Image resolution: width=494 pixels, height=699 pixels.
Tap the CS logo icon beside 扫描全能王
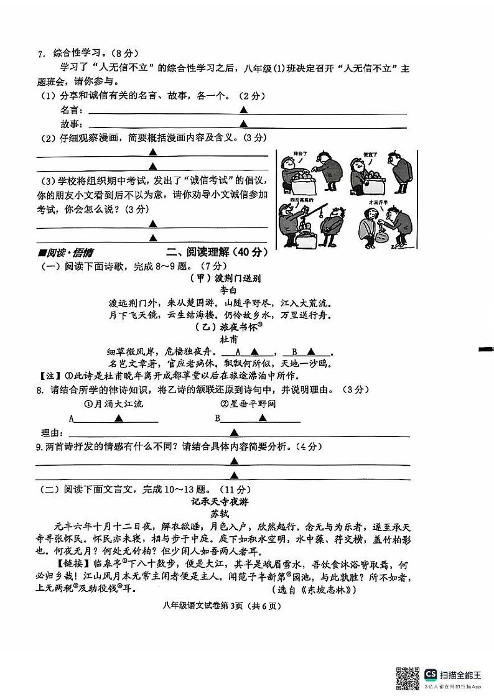[x=431, y=674]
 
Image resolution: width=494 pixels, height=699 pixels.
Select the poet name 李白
[x=229, y=290]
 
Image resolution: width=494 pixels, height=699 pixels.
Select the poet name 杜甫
[x=229, y=340]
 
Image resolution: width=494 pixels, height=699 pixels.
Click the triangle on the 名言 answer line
[x=244, y=109]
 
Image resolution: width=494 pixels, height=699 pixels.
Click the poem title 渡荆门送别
[x=234, y=279]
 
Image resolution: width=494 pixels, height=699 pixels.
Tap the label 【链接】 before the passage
[x=52, y=565]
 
